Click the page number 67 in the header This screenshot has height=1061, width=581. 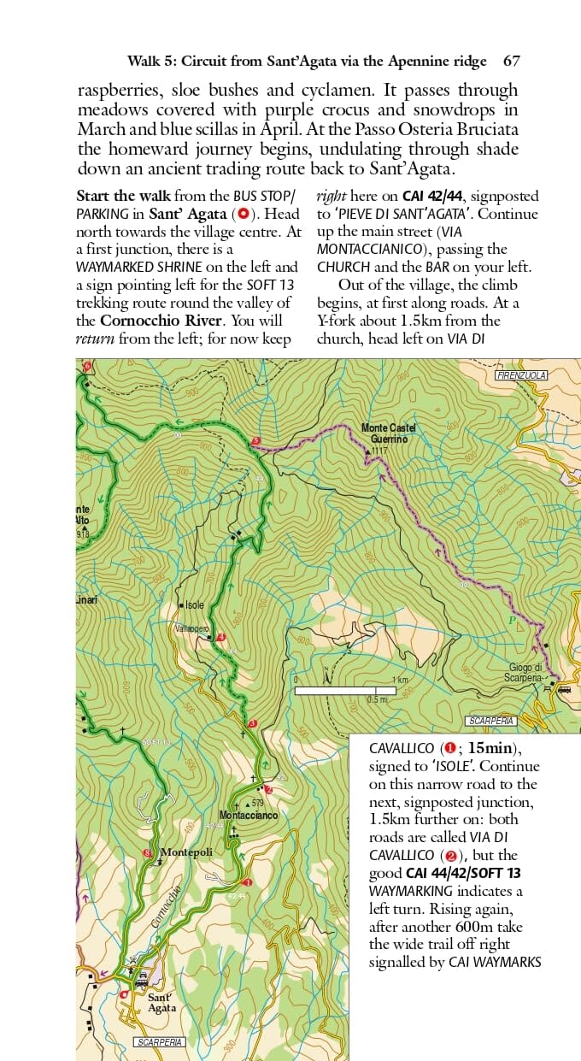(x=512, y=62)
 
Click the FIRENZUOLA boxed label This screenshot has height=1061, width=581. (x=520, y=375)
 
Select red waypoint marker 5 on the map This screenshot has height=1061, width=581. (x=255, y=442)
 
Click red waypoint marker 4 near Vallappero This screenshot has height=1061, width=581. (x=221, y=637)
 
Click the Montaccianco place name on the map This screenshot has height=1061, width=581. (x=248, y=816)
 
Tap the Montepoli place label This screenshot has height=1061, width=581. (x=186, y=852)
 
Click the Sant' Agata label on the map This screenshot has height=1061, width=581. (x=161, y=1002)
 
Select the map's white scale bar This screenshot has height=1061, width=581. (x=345, y=690)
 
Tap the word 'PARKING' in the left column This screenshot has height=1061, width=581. (x=104, y=213)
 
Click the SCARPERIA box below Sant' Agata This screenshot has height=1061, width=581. (x=160, y=1042)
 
